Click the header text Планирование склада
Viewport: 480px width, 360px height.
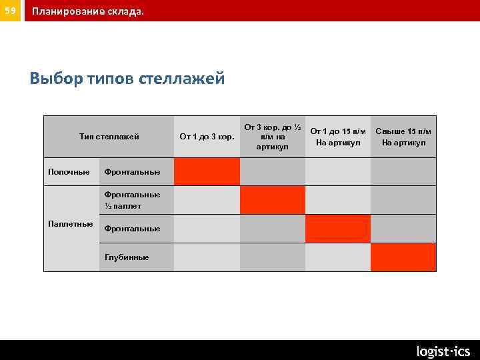click(x=87, y=11)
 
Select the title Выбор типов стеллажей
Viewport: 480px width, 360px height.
click(x=127, y=79)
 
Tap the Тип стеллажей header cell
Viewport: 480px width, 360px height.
click(x=109, y=137)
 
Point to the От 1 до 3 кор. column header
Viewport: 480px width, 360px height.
click(x=207, y=137)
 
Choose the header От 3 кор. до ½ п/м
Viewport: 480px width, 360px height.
click(x=273, y=137)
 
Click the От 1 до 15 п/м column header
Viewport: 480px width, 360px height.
click(x=338, y=137)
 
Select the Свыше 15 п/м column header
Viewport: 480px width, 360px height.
click(x=403, y=137)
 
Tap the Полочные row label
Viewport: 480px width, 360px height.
click(x=69, y=172)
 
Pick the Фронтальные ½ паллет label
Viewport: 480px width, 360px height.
click(x=132, y=200)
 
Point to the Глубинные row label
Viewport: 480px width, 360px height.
click(x=127, y=257)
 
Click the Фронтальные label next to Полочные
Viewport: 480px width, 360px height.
click(x=132, y=172)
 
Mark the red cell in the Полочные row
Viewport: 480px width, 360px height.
click(x=207, y=171)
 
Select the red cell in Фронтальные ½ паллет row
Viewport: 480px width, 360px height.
click(x=273, y=200)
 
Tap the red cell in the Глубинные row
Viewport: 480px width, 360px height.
click(x=403, y=257)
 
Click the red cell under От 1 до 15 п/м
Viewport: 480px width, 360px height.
click(x=338, y=229)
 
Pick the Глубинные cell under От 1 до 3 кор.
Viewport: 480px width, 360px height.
click(x=207, y=257)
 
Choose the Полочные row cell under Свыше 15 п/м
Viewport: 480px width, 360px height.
click(x=403, y=171)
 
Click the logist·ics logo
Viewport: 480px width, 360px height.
click(x=443, y=351)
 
